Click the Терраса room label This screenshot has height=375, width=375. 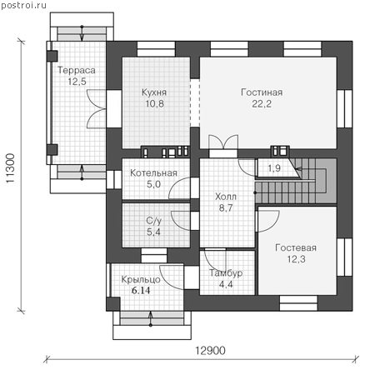77,70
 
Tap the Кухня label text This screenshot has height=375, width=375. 154,92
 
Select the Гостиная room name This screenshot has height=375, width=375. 262,92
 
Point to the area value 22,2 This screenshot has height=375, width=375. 262,104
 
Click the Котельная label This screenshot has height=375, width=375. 153,172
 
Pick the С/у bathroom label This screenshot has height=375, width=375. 154,221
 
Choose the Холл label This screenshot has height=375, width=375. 226,197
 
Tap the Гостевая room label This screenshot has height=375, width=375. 296,247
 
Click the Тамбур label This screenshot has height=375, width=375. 226,273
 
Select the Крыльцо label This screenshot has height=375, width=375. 141,279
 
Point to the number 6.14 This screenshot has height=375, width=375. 141,291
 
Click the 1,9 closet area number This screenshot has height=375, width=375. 274,168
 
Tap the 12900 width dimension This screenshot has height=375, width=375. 210,351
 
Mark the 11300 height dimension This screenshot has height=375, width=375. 10,168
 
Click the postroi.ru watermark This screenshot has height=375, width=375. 24,5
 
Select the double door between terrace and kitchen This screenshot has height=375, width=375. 97,109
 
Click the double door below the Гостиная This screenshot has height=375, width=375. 223,142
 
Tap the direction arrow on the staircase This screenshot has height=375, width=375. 298,168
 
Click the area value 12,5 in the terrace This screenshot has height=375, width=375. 77,82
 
